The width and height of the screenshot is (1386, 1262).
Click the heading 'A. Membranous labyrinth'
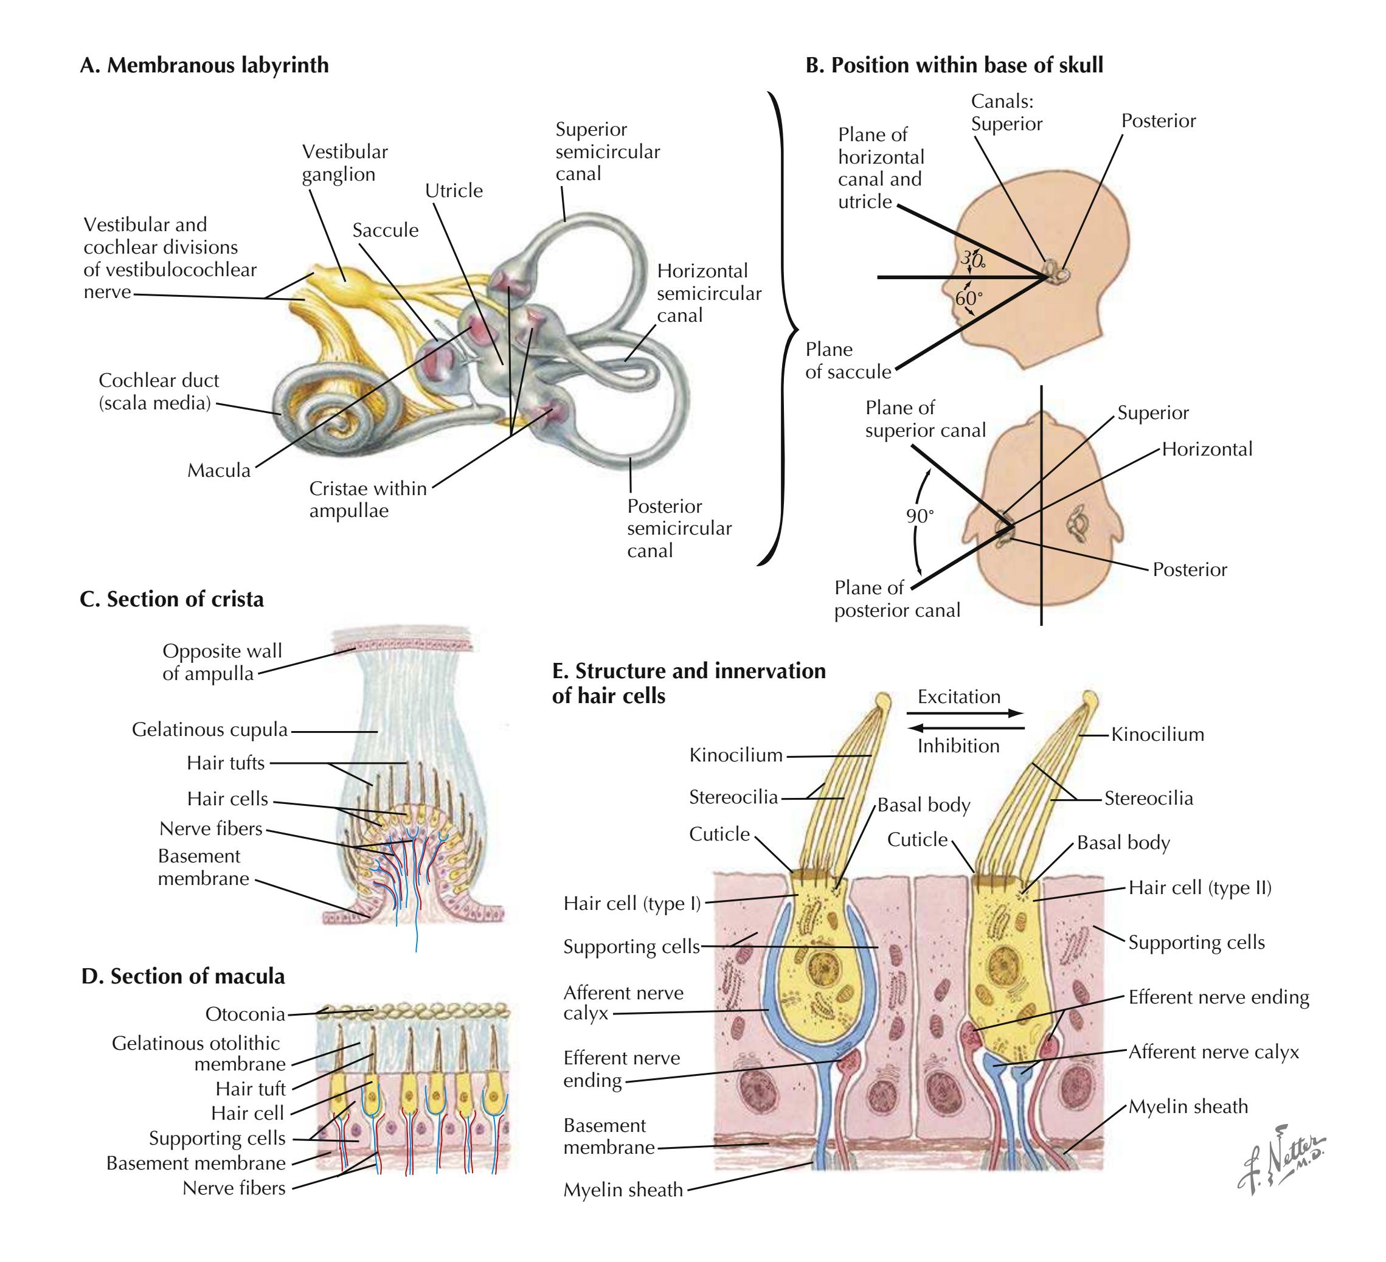(204, 65)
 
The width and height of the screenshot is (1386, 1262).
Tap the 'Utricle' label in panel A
(454, 190)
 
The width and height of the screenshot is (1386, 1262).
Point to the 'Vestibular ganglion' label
(344, 163)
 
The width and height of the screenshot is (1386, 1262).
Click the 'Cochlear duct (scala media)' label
(158, 391)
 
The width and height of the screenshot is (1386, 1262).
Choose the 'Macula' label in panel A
(218, 470)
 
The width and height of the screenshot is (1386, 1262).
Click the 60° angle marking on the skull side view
(969, 298)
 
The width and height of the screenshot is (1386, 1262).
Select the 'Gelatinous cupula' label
(210, 729)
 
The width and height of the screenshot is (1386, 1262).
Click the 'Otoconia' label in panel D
(244, 1014)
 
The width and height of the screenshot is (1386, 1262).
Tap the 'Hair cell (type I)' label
(632, 903)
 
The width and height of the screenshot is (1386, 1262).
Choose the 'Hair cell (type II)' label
(1200, 887)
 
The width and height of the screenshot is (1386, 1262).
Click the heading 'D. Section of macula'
(183, 976)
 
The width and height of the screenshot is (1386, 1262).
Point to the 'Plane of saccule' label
(848, 361)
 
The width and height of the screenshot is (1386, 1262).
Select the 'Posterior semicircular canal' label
(679, 528)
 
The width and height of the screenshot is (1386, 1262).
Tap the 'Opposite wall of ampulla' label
(221, 662)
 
